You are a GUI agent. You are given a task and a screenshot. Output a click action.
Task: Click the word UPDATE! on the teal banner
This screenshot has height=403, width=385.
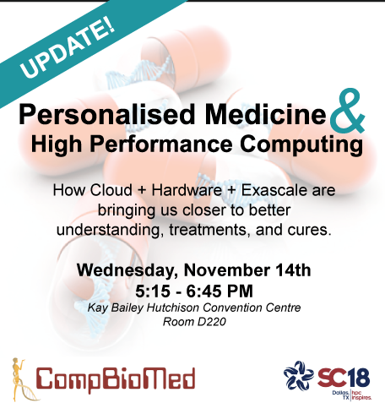click(x=68, y=47)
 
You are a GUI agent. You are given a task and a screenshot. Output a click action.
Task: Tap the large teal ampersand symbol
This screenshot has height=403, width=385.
click(x=348, y=112)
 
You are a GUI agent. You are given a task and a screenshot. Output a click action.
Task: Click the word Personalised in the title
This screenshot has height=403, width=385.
click(x=107, y=115)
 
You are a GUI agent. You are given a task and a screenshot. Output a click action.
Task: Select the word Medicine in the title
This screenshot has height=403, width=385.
click(x=266, y=114)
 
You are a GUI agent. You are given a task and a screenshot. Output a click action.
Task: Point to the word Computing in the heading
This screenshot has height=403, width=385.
click(x=301, y=144)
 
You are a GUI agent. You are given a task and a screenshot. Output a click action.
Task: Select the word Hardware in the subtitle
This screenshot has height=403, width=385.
click(x=187, y=190)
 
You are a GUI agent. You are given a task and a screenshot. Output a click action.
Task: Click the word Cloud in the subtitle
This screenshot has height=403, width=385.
click(x=111, y=190)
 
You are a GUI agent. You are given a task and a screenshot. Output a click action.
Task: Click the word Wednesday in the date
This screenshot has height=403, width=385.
click(x=127, y=271)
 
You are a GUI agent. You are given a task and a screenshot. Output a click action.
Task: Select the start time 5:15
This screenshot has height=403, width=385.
click(x=153, y=291)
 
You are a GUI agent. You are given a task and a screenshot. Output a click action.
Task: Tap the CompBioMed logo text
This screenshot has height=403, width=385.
click(x=116, y=379)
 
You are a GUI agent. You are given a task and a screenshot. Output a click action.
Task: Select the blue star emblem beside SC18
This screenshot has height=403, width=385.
click(x=299, y=375)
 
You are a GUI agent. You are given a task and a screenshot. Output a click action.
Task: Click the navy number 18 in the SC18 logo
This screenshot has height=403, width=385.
click(x=358, y=378)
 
